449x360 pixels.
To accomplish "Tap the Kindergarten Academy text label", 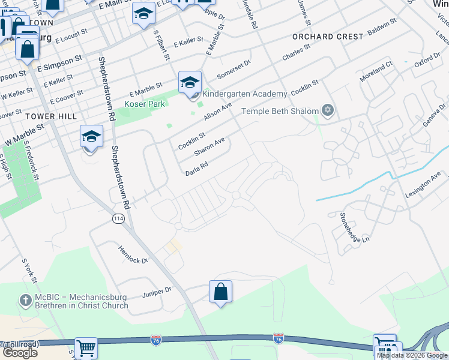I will click(x=244, y=94).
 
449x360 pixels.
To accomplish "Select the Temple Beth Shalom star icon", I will click(x=327, y=110).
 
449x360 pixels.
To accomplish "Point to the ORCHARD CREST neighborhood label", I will click(x=321, y=37).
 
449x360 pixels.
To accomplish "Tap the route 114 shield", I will click(x=118, y=220).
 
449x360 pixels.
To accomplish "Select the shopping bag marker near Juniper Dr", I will click(x=221, y=292).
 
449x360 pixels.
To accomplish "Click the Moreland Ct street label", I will click(x=375, y=71).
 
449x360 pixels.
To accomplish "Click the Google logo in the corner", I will click(x=20, y=353).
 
